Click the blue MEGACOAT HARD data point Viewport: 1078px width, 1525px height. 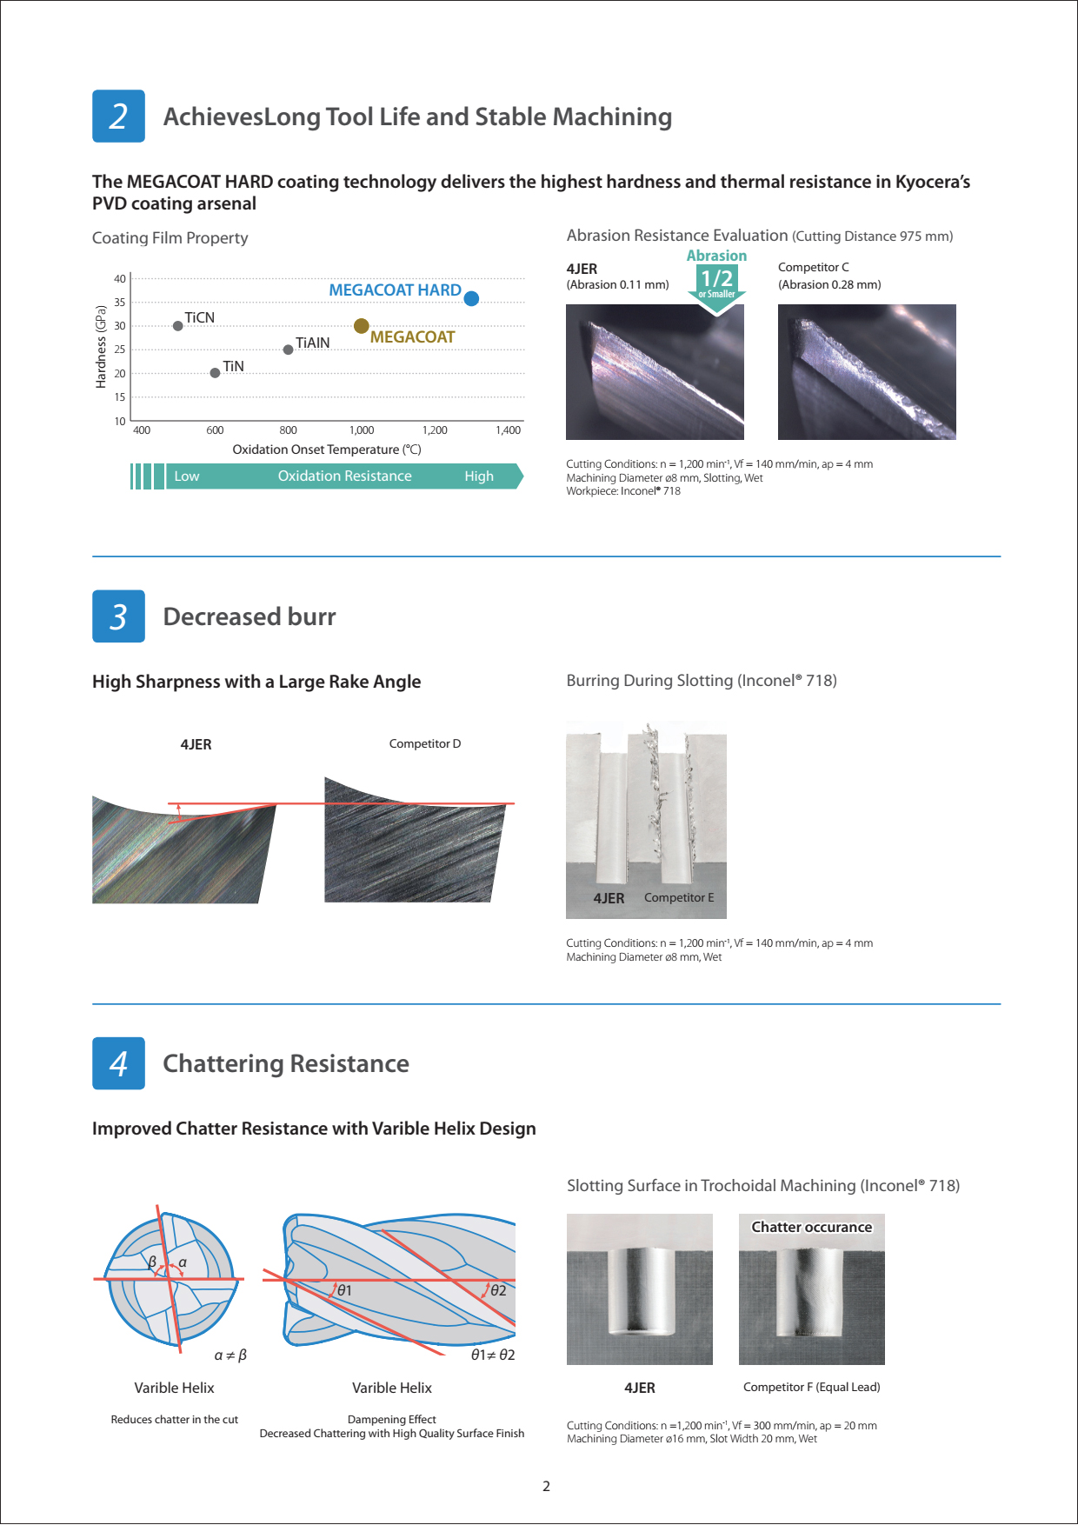471,298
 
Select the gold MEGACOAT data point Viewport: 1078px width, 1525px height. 362,326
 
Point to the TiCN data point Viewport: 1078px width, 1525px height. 178,326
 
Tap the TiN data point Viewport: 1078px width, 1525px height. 215,373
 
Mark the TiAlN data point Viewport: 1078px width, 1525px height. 289,350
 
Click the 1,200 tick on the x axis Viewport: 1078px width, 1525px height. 435,430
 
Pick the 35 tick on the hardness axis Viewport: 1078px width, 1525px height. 120,303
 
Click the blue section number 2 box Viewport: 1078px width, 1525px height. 118,117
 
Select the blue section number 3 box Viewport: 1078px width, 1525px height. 118,616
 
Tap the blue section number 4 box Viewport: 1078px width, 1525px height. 118,1063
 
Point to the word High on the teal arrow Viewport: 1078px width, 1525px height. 479,476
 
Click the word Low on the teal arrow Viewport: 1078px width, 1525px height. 187,476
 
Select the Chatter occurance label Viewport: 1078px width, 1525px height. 811,1227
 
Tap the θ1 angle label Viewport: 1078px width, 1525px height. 344,1290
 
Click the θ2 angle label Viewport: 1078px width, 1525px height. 497,1290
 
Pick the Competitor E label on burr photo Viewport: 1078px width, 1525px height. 679,897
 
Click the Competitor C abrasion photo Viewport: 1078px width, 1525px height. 867,372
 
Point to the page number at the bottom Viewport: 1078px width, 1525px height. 546,1486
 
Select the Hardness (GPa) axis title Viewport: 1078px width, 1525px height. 101,346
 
